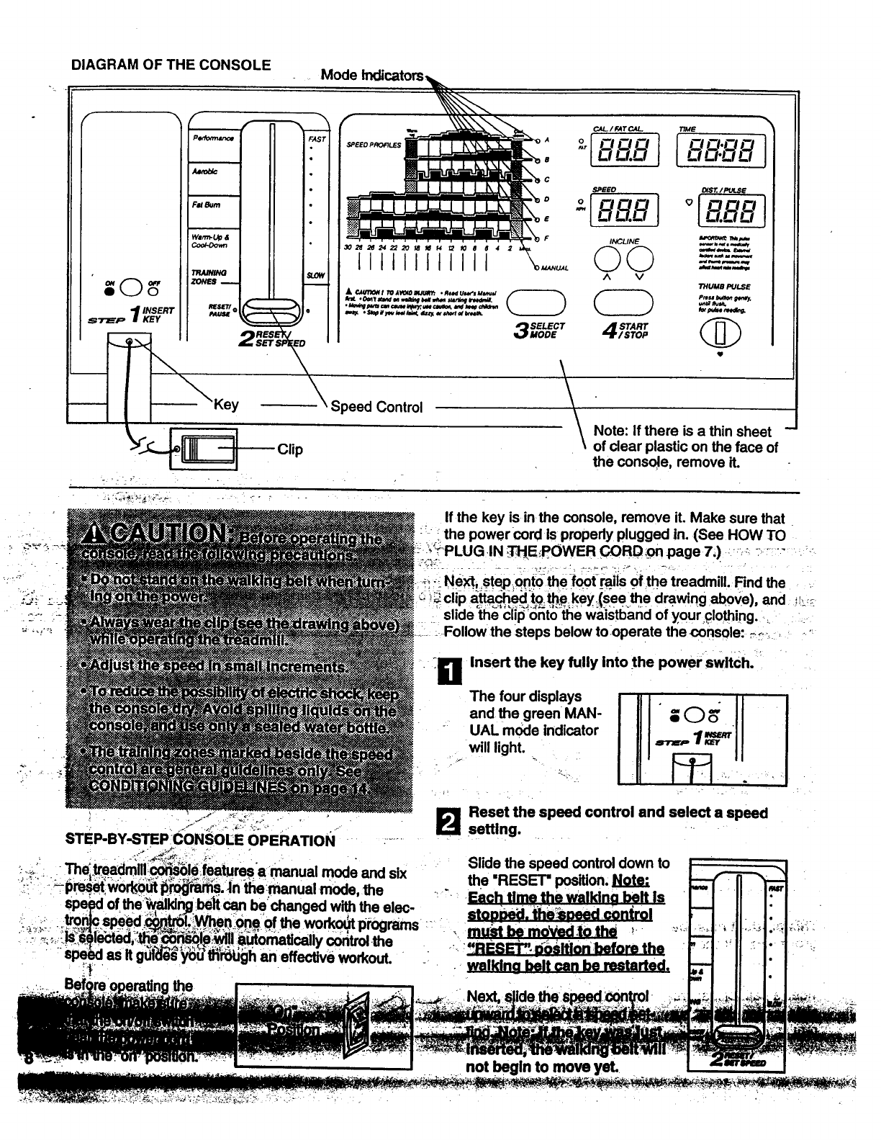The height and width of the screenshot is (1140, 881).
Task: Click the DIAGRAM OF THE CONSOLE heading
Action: (x=171, y=65)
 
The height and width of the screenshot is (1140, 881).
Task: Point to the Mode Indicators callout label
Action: (x=371, y=75)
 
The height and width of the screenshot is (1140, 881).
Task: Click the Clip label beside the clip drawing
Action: (x=289, y=449)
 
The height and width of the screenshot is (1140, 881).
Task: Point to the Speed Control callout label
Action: (x=376, y=407)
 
